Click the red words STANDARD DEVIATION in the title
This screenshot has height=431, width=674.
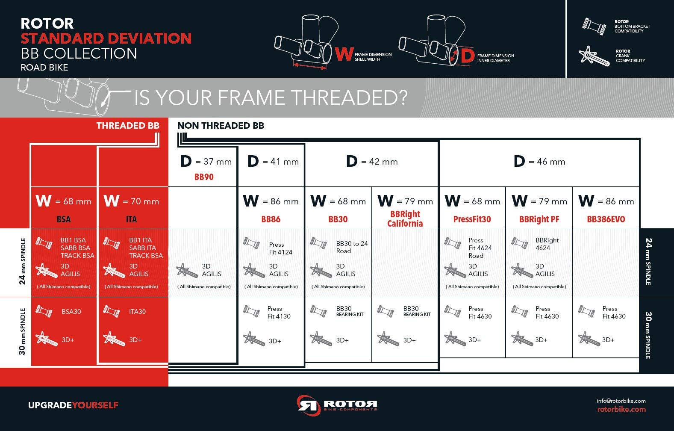coord(106,38)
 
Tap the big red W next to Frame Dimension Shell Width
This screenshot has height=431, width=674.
coord(344,54)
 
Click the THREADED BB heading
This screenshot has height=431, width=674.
coord(128,126)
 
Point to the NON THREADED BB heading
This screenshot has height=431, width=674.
coord(221,126)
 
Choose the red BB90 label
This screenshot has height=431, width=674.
coord(204,177)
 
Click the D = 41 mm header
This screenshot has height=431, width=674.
coord(273,161)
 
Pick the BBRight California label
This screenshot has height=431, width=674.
coord(405,218)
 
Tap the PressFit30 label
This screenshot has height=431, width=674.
coord(472,219)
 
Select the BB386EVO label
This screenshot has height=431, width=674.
coord(606,219)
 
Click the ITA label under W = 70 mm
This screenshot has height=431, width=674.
coord(131,219)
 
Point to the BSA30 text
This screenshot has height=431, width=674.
coord(71,312)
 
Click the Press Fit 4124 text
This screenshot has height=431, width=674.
coord(281,248)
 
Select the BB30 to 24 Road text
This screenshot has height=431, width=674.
coord(352,247)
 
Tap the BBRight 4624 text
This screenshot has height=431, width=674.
coord(547,244)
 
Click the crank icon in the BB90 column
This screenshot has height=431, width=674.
coord(187,270)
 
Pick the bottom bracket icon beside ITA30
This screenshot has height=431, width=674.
coord(111,311)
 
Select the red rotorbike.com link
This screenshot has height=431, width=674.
coord(621,409)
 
